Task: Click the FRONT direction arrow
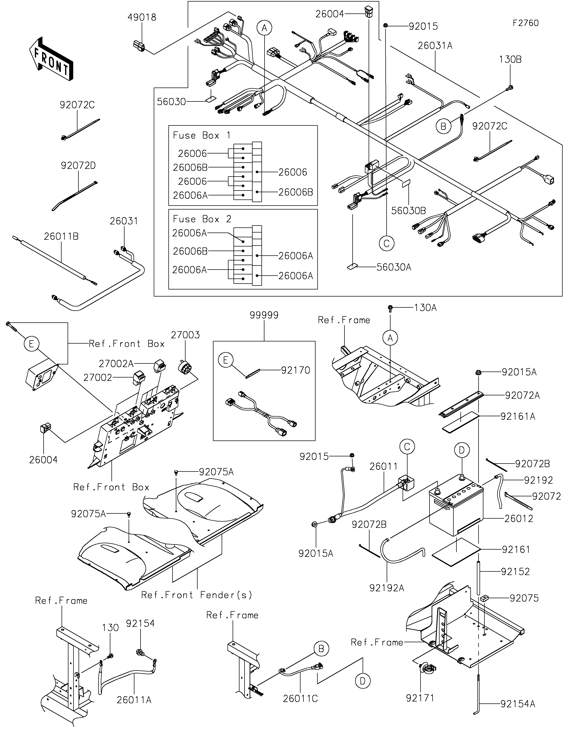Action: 51,59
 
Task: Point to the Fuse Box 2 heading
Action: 202,219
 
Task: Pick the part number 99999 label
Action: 264,315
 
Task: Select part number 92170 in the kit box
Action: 296,370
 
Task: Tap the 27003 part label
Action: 185,335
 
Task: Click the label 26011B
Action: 61,237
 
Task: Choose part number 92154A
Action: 518,704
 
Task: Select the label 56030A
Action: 394,267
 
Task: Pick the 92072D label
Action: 78,166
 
